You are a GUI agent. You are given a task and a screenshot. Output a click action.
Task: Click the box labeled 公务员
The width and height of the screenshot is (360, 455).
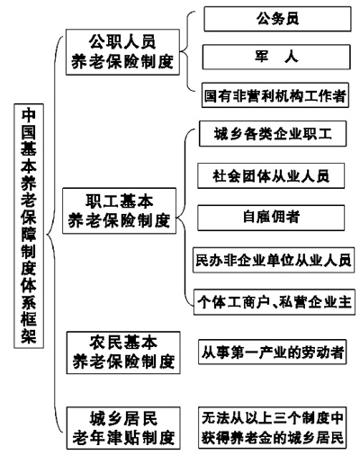coord(277,19)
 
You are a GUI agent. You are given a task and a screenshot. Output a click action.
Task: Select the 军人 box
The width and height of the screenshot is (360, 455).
coord(276,57)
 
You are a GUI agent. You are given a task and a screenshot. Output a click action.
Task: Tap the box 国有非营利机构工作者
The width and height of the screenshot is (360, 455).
coord(275,95)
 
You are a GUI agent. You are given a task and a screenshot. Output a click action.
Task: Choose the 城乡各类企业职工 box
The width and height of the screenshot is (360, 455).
coord(273,134)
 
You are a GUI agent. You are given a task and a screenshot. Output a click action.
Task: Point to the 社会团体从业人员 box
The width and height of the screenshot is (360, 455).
coord(271,176)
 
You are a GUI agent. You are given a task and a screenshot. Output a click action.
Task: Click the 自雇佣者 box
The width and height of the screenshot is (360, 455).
coord(271,218)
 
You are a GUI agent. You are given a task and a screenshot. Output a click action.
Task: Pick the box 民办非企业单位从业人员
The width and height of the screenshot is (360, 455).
coord(274,260)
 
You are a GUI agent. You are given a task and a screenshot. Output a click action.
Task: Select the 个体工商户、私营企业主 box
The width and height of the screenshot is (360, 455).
coord(274,302)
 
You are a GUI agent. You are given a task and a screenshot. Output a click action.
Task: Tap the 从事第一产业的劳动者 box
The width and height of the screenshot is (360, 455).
coord(273,352)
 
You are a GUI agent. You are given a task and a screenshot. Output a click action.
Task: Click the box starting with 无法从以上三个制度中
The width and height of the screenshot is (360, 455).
coord(273,428)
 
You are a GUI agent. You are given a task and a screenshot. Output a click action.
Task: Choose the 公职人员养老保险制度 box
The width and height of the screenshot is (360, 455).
coord(122,52)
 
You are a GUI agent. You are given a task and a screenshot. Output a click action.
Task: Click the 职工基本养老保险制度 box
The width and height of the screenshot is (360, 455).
coord(119,210)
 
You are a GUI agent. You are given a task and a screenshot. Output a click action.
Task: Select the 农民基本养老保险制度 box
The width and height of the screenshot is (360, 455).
coord(123,352)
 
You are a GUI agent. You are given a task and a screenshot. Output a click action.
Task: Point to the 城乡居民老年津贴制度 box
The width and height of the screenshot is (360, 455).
coord(123,428)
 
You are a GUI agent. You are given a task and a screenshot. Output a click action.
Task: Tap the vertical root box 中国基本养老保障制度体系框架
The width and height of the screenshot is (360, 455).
coord(29,226)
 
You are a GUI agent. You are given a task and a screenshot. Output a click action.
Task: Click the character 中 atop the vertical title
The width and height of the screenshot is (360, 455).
coord(29,115)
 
